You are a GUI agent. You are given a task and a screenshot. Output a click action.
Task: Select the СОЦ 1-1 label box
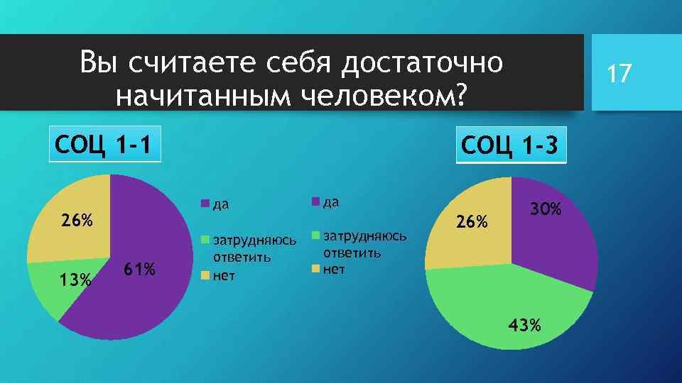(104, 145)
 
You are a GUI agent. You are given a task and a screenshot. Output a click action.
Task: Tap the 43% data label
(524, 326)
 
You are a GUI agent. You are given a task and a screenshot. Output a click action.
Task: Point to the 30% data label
(546, 209)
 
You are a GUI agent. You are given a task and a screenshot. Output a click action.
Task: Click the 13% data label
(75, 281)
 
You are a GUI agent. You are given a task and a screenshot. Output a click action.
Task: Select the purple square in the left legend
(205, 205)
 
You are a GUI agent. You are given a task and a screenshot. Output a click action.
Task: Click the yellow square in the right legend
(315, 269)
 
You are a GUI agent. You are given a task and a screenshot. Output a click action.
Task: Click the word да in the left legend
(221, 205)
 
